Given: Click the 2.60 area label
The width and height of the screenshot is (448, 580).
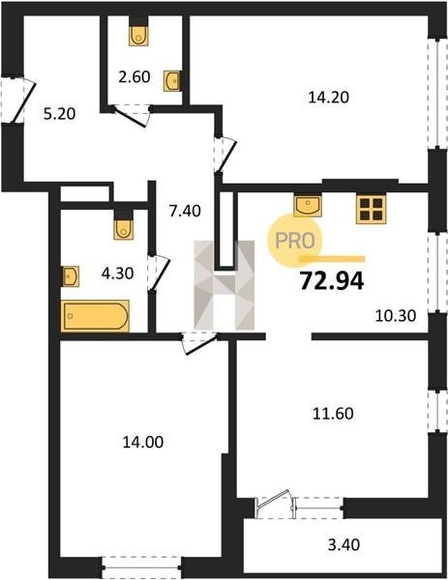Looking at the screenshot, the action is tap(134, 77).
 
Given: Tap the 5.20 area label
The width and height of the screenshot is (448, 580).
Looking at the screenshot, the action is tap(59, 114).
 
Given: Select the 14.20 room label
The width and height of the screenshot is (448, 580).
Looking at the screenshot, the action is tap(328, 98).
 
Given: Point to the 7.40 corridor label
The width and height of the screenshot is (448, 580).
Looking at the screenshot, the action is tap(185, 211).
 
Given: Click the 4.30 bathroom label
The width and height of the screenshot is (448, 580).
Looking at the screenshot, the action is tap(117, 274).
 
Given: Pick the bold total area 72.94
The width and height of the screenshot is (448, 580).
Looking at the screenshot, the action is tap(332, 280).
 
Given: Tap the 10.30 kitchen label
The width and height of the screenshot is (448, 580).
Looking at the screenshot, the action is tap(396, 316).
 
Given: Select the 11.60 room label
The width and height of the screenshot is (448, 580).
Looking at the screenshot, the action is tap(333, 413).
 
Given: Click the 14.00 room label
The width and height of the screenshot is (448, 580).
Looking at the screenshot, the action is tap(143, 442).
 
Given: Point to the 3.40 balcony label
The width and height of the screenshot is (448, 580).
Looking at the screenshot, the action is tap(343, 545).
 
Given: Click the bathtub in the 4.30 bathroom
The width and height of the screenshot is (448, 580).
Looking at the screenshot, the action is tap(96, 316).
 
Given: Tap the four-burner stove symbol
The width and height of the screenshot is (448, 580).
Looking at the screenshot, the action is tap(372, 210).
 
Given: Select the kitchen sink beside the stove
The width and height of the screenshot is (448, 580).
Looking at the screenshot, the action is tap(308, 205).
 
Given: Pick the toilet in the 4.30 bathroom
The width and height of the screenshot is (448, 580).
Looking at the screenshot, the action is tap(124, 229).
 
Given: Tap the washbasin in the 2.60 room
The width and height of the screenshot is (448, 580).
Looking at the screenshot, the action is tap(172, 80).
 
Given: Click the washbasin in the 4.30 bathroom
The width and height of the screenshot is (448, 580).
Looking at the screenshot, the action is tap(71, 275).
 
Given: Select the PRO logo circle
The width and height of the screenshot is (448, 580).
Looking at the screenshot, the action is tap(295, 241).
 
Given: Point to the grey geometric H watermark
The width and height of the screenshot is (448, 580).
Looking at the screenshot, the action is tap(224, 285).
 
